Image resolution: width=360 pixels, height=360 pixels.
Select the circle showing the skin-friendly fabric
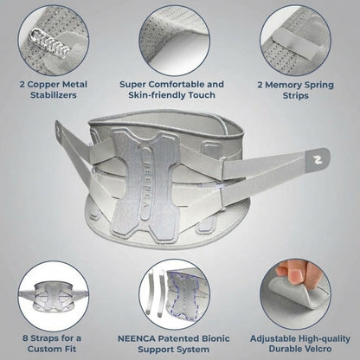coord(180,36)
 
